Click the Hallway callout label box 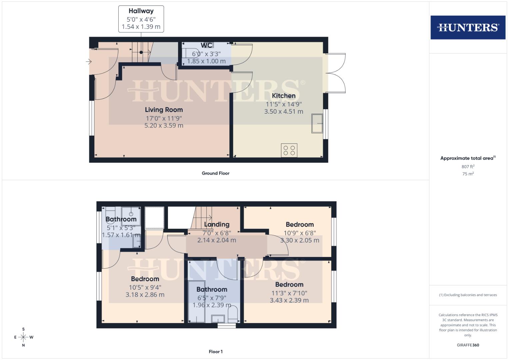pos(141,19)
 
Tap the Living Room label pos(164,110)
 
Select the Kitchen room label pos(284,96)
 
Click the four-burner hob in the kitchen pos(289,150)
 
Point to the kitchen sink pos(317,124)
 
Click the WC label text pos(206,45)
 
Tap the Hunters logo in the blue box pos(468,27)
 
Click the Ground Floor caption pos(216,173)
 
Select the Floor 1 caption pos(216,352)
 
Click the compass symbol pos(23,337)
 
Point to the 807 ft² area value pos(468,167)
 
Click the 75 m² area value pos(468,174)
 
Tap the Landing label pos(217,224)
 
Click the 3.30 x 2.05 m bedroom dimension pos(300,240)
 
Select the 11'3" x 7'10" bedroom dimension pos(289,293)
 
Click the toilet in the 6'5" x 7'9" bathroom pos(232,314)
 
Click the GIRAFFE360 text pos(468,345)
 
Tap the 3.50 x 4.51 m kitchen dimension pos(284,112)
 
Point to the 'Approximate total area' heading pos(468,158)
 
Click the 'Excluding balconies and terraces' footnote pos(468,295)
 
